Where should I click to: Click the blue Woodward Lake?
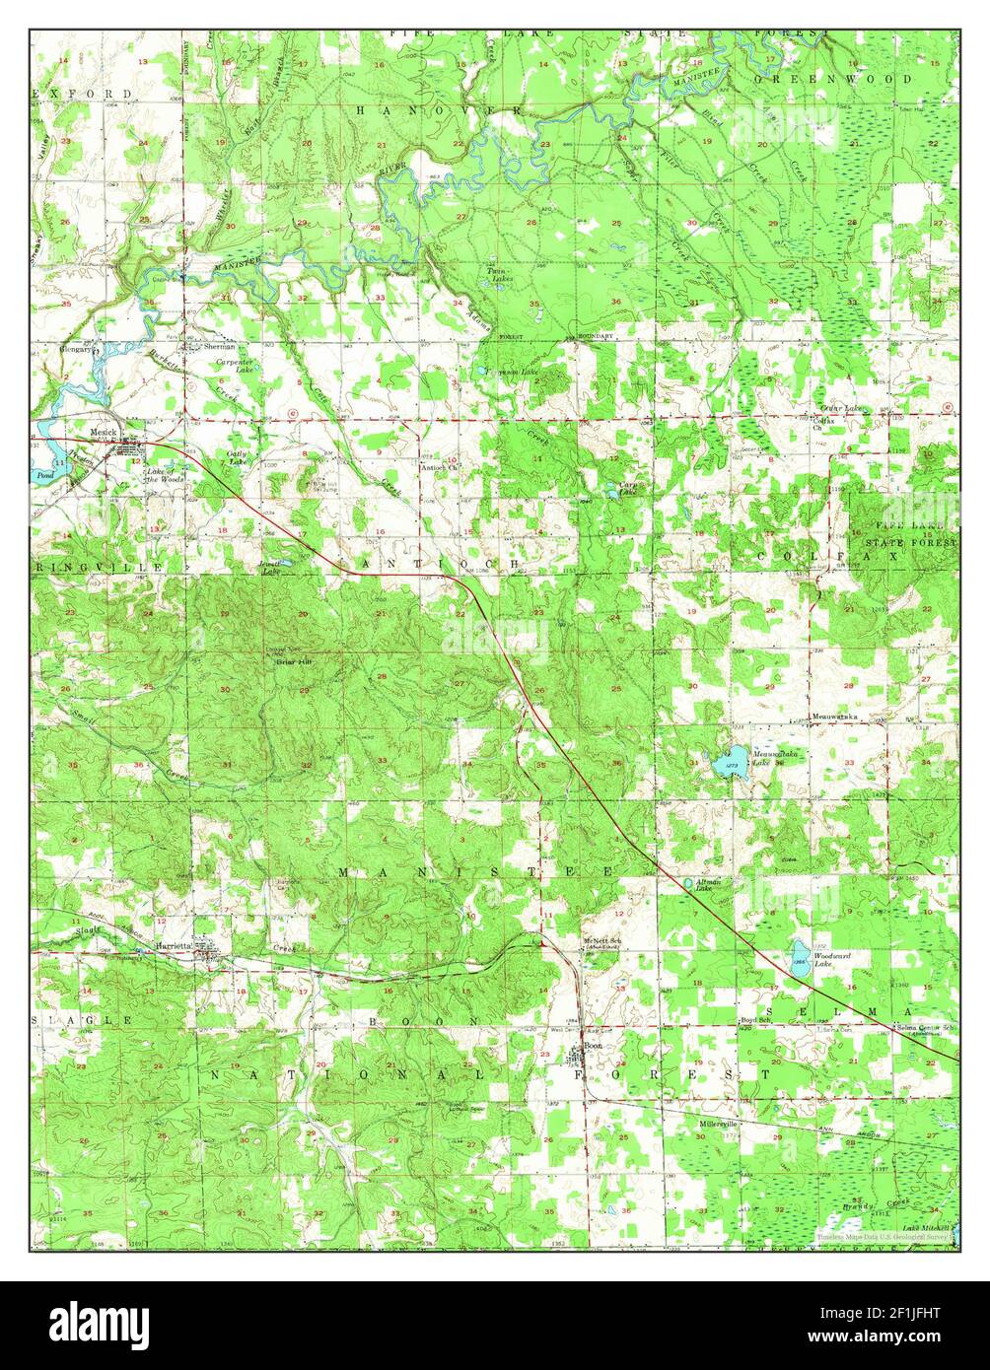[799, 957]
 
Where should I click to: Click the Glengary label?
[76, 348]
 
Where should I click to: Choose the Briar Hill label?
[293, 662]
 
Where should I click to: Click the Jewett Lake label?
[270, 568]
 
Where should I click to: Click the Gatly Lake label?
[238, 456]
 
